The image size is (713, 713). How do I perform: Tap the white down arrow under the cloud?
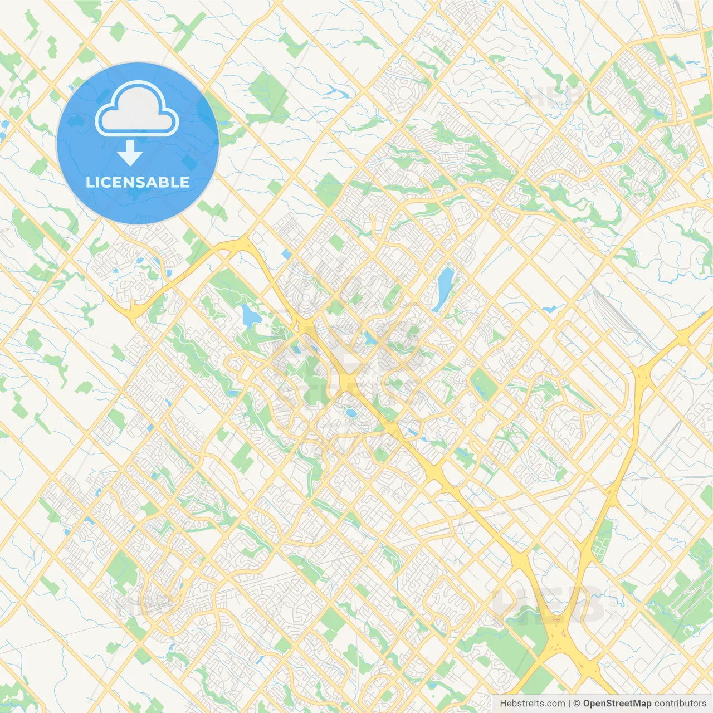pos(130,153)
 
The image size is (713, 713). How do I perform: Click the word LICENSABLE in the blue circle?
pos(138,182)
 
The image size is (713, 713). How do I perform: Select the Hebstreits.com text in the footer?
pos(532,704)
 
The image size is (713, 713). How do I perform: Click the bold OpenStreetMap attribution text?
pos(617,704)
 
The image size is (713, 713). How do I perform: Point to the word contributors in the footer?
pos(680,704)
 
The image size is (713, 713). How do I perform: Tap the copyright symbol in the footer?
pos(577,704)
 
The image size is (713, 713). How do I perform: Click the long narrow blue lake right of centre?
pos(444,289)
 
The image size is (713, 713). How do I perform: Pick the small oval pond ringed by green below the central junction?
pos(350,413)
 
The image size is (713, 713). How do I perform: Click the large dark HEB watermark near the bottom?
pos(549,604)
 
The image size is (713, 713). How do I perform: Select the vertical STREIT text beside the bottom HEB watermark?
pos(614,602)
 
